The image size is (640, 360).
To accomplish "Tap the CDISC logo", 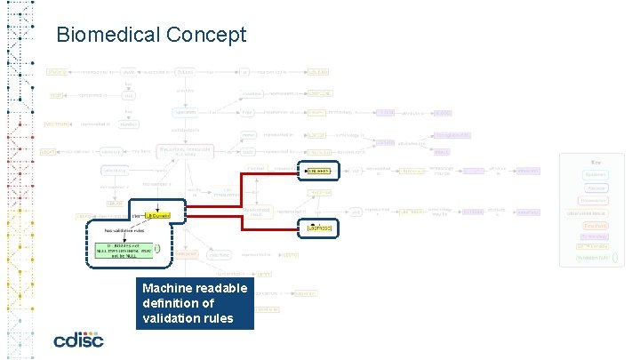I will [x=78, y=340].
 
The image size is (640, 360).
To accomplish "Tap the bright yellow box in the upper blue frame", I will [x=317, y=171].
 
